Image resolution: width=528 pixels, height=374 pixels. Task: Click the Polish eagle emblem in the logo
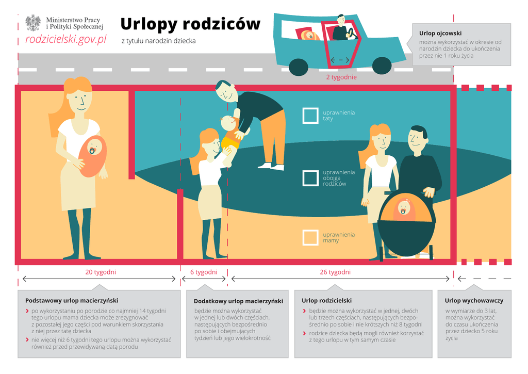33,23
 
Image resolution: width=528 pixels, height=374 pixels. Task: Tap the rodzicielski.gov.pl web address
66,40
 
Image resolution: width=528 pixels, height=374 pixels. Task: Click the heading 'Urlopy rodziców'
190,24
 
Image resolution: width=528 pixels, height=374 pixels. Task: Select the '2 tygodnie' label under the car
341,77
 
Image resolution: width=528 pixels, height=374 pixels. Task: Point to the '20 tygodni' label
101,272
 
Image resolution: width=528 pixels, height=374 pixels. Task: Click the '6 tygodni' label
204,272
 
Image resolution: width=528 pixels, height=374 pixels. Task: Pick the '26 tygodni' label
335,272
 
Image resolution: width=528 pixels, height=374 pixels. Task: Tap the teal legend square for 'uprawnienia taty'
310,116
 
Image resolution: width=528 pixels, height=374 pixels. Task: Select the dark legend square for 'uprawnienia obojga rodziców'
310,178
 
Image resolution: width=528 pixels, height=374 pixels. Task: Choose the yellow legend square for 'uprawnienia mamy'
310,237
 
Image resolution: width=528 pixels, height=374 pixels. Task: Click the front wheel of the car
382,66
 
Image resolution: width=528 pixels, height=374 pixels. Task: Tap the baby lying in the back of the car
309,35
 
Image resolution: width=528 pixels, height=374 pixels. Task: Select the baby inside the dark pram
404,209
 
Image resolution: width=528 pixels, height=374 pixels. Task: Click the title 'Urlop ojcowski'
437,33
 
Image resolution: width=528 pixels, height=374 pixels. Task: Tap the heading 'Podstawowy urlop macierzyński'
72,300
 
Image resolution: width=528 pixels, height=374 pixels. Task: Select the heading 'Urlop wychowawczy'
474,300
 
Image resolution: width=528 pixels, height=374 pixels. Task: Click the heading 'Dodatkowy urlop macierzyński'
238,301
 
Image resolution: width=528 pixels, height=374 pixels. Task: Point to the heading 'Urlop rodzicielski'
326,300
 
